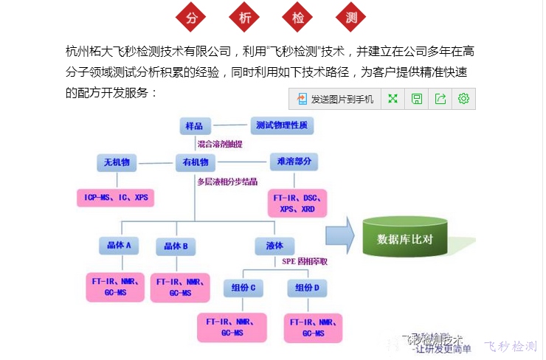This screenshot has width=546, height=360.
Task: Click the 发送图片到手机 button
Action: click(336, 99)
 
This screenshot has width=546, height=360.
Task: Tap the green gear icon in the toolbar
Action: click(463, 99)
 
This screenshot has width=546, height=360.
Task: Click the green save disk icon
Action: click(417, 99)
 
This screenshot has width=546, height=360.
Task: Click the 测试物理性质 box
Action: click(282, 125)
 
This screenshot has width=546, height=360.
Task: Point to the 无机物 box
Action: click(117, 162)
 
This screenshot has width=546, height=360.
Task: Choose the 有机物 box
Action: click(196, 162)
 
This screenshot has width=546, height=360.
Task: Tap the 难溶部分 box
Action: click(294, 162)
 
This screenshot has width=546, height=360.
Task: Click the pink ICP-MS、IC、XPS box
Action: click(116, 198)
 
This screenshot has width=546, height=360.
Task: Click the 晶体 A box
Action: click(117, 245)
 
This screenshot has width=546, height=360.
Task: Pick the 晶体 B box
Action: click(176, 245)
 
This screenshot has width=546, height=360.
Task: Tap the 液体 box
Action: click(274, 245)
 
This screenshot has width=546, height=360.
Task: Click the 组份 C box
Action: click(244, 287)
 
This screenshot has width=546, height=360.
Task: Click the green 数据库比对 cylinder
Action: click(404, 238)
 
